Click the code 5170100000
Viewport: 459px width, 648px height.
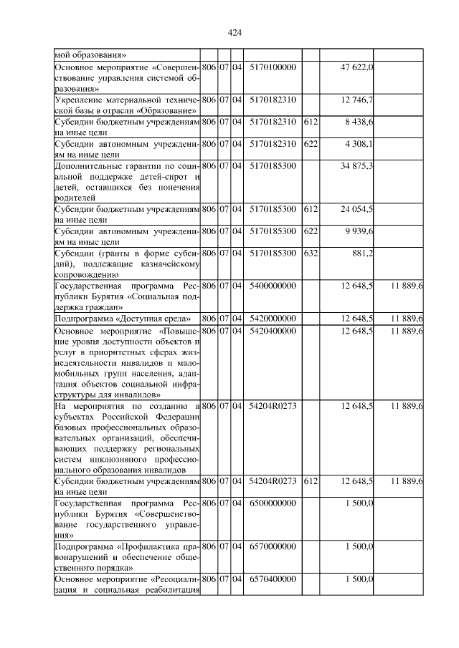pos(273,67)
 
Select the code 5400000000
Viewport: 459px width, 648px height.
pos(273,286)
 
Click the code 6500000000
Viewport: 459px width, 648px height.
pos(273,504)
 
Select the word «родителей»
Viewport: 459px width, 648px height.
pos(75,198)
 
